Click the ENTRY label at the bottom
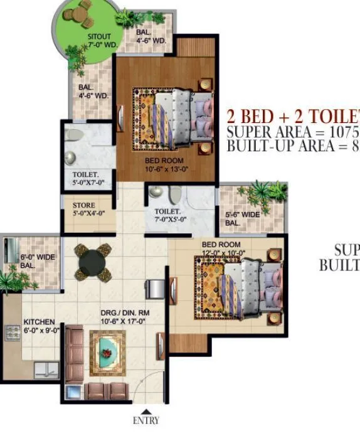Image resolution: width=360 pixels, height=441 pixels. click(x=146, y=420)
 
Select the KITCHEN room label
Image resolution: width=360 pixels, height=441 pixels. click(x=39, y=322)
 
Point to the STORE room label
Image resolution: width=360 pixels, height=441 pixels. click(x=84, y=205)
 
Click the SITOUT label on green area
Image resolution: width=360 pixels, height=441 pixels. click(x=99, y=37)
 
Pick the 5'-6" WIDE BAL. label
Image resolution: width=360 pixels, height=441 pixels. click(x=241, y=218)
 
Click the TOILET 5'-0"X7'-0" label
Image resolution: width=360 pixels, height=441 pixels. click(x=87, y=179)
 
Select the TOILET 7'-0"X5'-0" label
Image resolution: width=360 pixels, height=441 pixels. click(x=167, y=216)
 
